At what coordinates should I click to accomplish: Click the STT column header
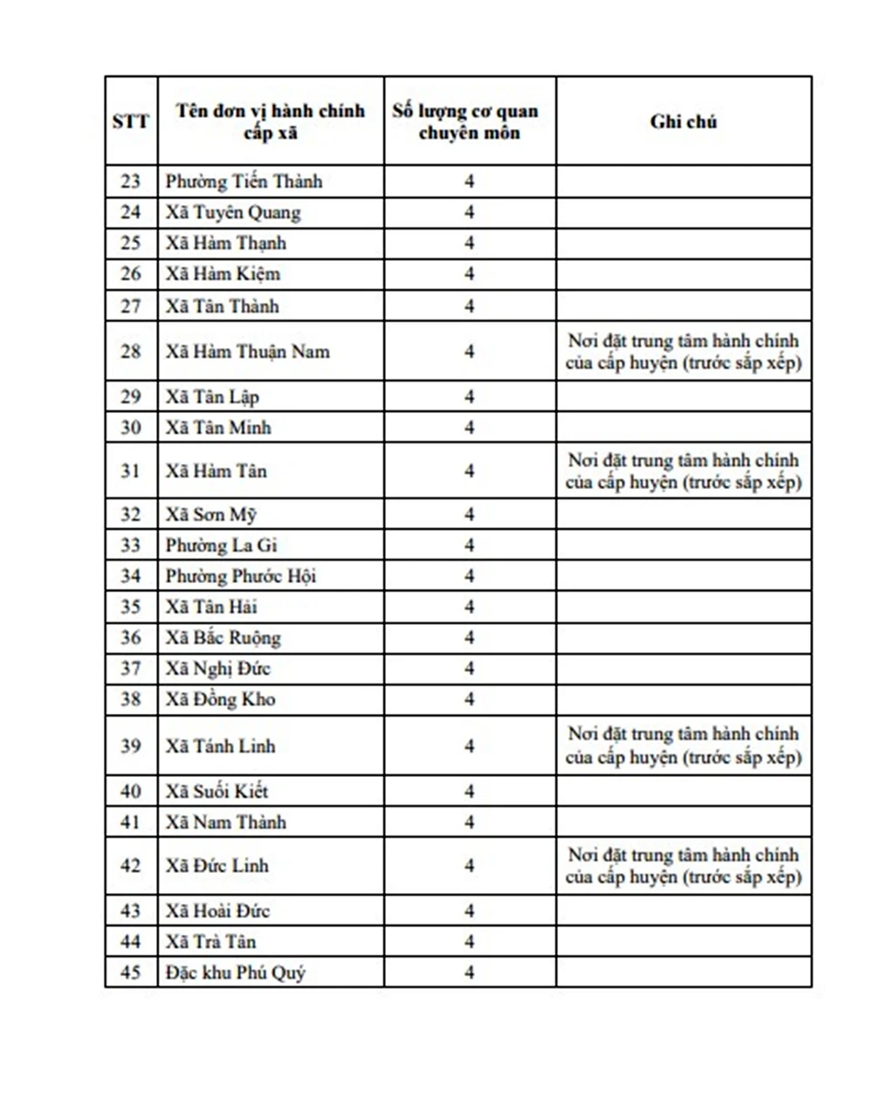[x=131, y=121]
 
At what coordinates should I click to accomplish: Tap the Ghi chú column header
[x=683, y=121]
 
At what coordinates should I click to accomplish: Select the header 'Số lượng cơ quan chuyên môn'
[x=469, y=121]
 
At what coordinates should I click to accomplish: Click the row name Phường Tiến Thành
[x=244, y=182]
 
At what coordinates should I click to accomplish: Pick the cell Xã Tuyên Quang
[x=233, y=212]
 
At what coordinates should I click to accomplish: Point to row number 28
[x=131, y=351]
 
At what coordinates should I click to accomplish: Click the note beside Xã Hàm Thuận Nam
[x=683, y=351]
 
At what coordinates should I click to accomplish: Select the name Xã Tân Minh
[x=218, y=427]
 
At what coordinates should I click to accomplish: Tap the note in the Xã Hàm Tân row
[x=683, y=471]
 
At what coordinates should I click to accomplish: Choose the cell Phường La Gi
[x=221, y=546]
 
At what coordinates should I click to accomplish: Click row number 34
[x=131, y=576]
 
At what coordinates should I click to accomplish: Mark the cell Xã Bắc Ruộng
[x=223, y=638]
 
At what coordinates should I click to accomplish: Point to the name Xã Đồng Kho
[x=220, y=699]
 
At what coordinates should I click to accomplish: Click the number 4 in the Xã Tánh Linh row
[x=469, y=746]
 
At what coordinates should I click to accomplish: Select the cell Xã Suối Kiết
[x=217, y=792]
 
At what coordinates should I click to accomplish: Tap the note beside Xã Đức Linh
[x=683, y=866]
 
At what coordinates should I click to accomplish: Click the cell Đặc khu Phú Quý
[x=236, y=972]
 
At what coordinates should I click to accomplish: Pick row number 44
[x=131, y=942]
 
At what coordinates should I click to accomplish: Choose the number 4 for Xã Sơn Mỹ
[x=469, y=514]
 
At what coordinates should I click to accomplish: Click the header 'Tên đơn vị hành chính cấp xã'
[x=270, y=121]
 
